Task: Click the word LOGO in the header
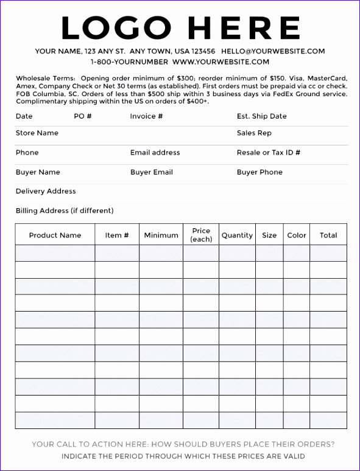pyautogui.click(x=116, y=27)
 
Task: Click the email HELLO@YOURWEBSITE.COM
pyautogui.click(x=273, y=51)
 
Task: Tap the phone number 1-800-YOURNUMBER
pyautogui.click(x=129, y=61)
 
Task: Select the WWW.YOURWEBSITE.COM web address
pyautogui.click(x=221, y=61)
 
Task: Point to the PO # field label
pyautogui.click(x=82, y=116)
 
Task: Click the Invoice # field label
pyautogui.click(x=146, y=116)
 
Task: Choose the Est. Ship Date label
pyautogui.click(x=261, y=116)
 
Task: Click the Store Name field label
pyautogui.click(x=37, y=133)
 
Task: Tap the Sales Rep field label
pyautogui.click(x=254, y=133)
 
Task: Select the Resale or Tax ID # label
pyautogui.click(x=268, y=153)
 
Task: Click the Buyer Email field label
pyautogui.click(x=152, y=172)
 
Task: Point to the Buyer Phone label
pyautogui.click(x=259, y=172)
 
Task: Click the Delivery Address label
pyautogui.click(x=46, y=191)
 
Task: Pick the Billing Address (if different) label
pyautogui.click(x=65, y=211)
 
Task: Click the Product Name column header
pyautogui.click(x=55, y=235)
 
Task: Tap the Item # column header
pyautogui.click(x=117, y=235)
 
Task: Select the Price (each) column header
pyautogui.click(x=201, y=235)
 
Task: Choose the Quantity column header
pyautogui.click(x=237, y=235)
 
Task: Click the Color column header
pyautogui.click(x=297, y=235)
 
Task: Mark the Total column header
pyautogui.click(x=328, y=235)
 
